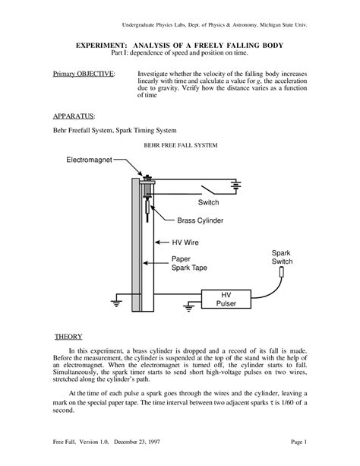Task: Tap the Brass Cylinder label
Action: (202, 220)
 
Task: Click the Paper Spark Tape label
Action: (189, 263)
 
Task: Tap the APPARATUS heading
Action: (74, 118)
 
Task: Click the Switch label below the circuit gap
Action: (208, 203)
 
